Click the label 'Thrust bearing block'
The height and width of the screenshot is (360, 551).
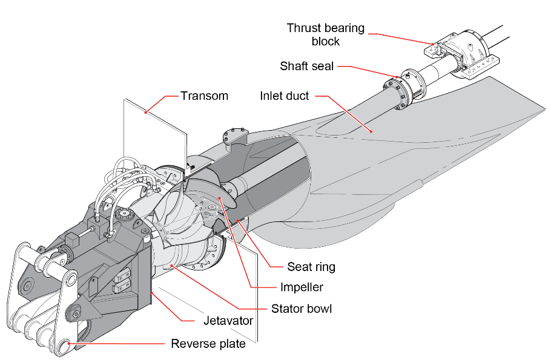coord(325,34)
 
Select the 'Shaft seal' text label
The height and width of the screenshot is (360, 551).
coord(306,66)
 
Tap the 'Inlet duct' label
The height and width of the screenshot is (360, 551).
coord(285,96)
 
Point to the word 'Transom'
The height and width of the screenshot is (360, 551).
coord(204,96)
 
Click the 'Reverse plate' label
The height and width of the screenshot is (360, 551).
coord(208,344)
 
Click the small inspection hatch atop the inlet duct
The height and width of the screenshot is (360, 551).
coord(234,136)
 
